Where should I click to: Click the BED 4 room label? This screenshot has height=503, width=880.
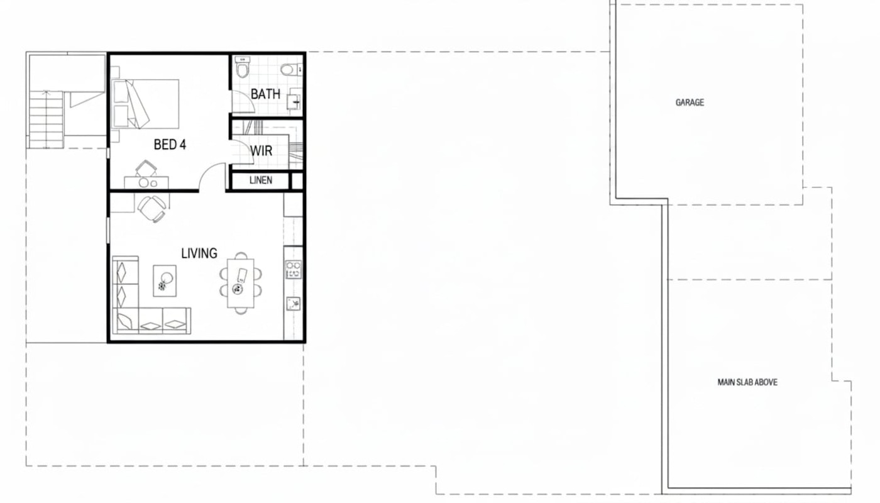[x=170, y=145]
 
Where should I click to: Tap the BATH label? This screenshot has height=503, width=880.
[x=265, y=94]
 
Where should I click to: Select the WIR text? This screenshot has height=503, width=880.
[x=261, y=150]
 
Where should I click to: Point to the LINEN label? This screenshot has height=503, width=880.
[x=261, y=180]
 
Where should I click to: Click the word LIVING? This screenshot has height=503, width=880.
[x=199, y=253]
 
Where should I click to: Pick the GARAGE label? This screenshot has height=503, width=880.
[x=690, y=102]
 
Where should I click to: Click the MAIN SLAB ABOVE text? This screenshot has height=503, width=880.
[x=747, y=382]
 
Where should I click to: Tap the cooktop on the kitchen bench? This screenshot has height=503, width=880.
[x=294, y=270]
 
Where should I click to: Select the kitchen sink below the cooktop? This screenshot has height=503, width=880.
[x=293, y=303]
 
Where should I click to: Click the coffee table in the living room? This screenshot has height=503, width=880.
[x=165, y=280]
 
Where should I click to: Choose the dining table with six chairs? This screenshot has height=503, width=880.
[x=241, y=283]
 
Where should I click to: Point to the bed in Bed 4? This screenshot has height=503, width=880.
[x=145, y=104]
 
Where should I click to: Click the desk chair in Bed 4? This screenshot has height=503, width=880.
[x=146, y=168]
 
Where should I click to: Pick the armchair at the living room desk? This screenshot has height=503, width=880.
[x=152, y=208]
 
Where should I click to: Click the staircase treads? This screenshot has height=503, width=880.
[x=47, y=119]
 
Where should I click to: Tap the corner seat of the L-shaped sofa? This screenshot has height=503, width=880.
[x=125, y=321]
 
